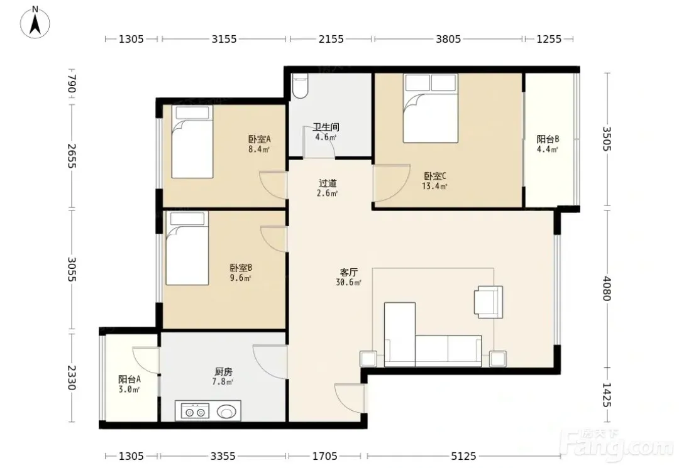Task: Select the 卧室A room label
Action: [x=260, y=139]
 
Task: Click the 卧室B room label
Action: [x=241, y=268]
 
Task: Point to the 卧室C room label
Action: [x=435, y=176]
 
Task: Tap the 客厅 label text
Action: [x=348, y=273]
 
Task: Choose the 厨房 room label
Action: [x=223, y=371]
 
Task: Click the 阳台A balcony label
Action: [x=130, y=379]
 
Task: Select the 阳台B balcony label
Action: [x=548, y=139]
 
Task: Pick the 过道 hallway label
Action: [x=328, y=183]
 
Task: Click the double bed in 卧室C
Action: [x=431, y=108]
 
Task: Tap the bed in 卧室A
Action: [x=192, y=141]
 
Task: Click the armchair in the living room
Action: [x=489, y=302]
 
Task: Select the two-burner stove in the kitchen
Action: [x=195, y=411]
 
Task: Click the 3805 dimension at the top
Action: [x=448, y=39]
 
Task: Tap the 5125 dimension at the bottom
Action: [x=463, y=456]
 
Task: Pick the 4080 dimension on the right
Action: [x=607, y=288]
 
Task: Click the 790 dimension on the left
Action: [x=72, y=84]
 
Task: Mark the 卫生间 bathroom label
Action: [x=326, y=127]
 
